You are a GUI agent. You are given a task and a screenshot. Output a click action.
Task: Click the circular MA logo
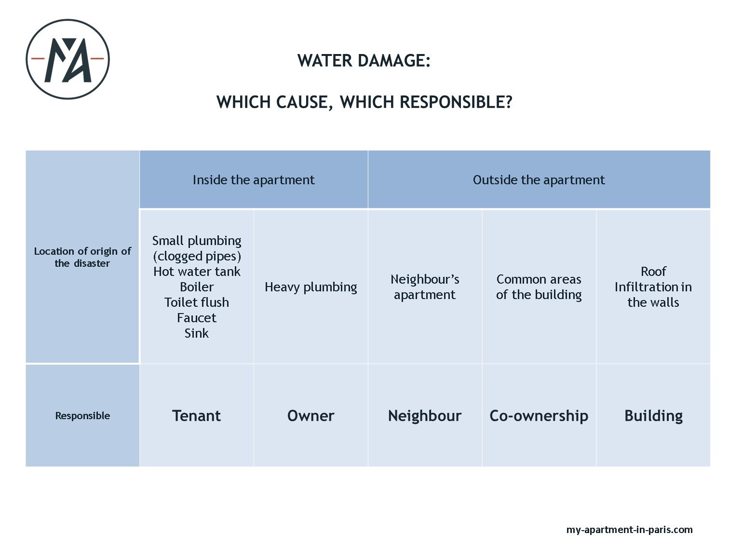tap(67, 59)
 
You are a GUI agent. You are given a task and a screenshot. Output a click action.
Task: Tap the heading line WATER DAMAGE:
tap(364, 61)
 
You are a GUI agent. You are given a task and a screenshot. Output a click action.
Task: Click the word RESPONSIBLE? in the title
tap(456, 102)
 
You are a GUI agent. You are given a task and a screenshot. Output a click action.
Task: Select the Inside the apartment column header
tap(254, 179)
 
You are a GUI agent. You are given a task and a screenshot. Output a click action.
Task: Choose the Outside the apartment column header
tap(539, 179)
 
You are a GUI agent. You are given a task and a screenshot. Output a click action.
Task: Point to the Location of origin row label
tap(82, 257)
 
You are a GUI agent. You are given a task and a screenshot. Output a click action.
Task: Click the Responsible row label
tap(82, 415)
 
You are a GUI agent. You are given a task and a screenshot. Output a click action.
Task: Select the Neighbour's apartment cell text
tap(425, 287)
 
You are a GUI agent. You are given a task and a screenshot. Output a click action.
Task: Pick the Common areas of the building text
tap(539, 287)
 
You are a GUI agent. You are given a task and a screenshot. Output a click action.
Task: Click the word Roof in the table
tap(653, 272)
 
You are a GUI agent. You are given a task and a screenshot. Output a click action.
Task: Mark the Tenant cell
tap(196, 416)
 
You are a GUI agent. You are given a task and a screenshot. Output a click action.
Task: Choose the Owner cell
tap(310, 416)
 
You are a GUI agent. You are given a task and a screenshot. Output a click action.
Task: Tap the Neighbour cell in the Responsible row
tap(425, 416)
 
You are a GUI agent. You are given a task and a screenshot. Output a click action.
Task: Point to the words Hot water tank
tap(197, 272)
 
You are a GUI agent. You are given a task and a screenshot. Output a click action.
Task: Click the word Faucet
tap(197, 318)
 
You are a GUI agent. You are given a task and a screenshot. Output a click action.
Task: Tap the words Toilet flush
tap(197, 302)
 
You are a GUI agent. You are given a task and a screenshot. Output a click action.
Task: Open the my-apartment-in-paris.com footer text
tap(629, 530)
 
